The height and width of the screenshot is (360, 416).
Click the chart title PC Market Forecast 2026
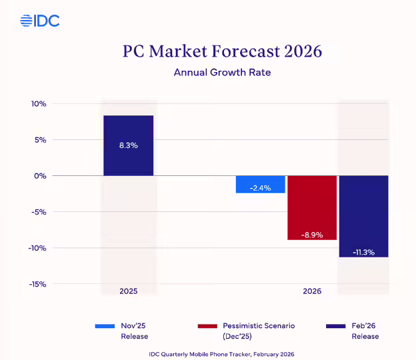pyautogui.click(x=222, y=51)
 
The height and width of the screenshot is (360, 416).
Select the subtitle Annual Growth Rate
pyautogui.click(x=222, y=73)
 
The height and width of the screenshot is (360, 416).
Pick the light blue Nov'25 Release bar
pyautogui.click(x=261, y=184)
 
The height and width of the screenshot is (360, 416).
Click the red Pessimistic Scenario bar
pyautogui.click(x=312, y=207)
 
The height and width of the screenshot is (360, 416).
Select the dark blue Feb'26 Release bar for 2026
pyautogui.click(x=363, y=216)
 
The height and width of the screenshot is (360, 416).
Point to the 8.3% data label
pyautogui.click(x=129, y=145)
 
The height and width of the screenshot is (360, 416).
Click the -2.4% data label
pyautogui.click(x=260, y=188)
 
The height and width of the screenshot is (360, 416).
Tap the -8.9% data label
pyautogui.click(x=312, y=235)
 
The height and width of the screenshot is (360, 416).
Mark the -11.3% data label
pyautogui.click(x=363, y=253)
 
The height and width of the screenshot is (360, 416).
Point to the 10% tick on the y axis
pyautogui.click(x=38, y=104)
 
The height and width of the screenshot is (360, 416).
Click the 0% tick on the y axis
pyautogui.click(x=39, y=176)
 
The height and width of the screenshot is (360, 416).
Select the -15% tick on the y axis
pyautogui.click(x=37, y=284)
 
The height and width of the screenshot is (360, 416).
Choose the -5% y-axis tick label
pyautogui.click(x=38, y=212)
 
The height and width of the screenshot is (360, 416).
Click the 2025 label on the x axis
pyautogui.click(x=129, y=292)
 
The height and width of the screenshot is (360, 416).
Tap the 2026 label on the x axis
pyautogui.click(x=311, y=292)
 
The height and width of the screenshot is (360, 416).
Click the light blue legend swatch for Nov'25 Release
pyautogui.click(x=105, y=326)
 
